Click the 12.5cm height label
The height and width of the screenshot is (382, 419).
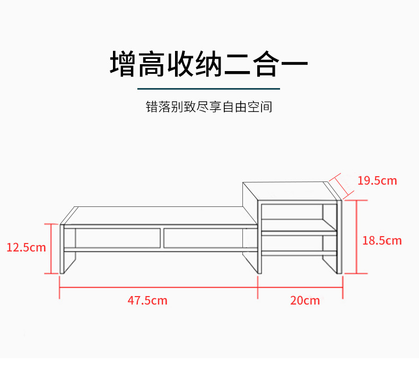26,247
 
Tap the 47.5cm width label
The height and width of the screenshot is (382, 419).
147,300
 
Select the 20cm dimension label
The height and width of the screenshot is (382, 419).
305,300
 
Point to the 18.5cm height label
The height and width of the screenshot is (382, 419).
382,240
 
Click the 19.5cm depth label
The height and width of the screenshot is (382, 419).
377,180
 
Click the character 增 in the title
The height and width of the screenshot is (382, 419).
124,64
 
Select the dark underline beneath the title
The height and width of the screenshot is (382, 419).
208,89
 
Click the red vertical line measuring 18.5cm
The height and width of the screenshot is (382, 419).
356,237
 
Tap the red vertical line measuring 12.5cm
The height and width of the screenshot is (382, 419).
52,248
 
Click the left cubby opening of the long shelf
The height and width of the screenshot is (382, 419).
118,237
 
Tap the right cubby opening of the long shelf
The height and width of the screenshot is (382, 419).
204,237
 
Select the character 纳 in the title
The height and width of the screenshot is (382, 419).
208,64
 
